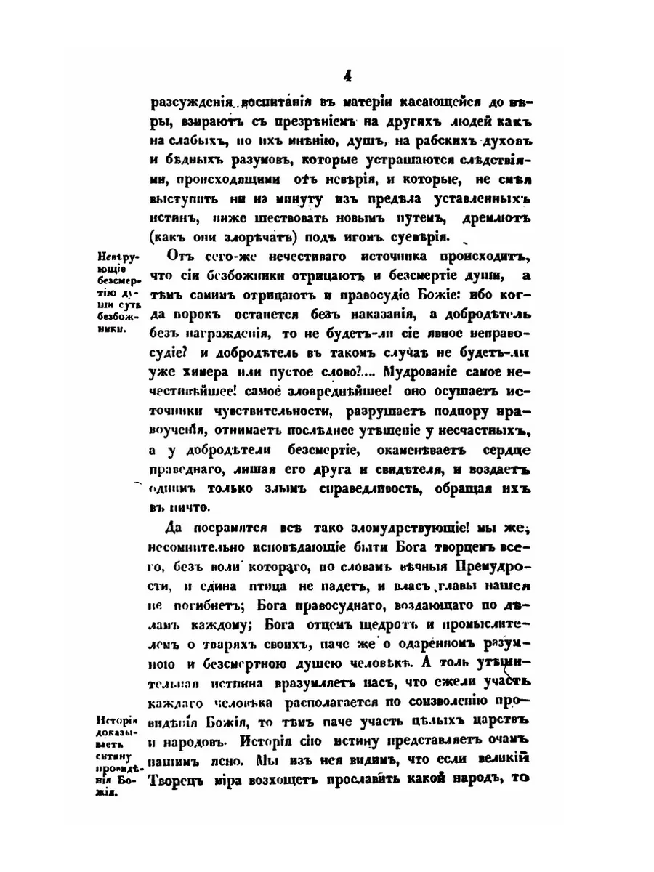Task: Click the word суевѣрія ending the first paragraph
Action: [413, 237]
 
